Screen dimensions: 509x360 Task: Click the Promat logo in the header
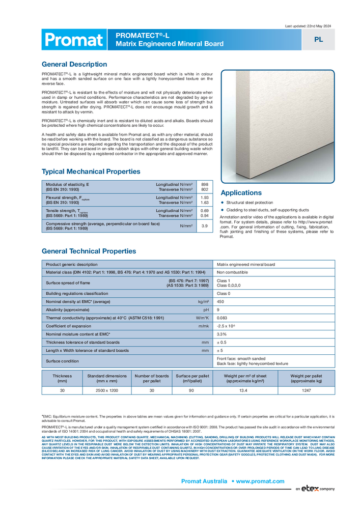[73, 40]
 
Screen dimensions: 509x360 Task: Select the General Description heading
[74, 64]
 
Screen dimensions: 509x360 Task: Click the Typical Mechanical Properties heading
[91, 172]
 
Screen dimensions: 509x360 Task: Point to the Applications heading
[241, 193]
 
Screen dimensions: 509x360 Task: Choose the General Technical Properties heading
[89, 251]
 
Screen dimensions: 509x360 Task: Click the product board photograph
[278, 126]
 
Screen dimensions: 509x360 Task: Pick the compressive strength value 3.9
[204, 225]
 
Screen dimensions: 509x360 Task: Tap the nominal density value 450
[221, 301]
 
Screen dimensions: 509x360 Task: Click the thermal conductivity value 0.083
[223, 318]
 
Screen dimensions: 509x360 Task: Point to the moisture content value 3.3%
[222, 334]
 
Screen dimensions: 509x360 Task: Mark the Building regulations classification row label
[77, 294]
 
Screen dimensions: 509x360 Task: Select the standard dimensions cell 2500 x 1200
[106, 390]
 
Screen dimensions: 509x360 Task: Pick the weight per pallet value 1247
[306, 390]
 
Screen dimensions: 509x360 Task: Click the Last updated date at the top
[308, 25]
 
